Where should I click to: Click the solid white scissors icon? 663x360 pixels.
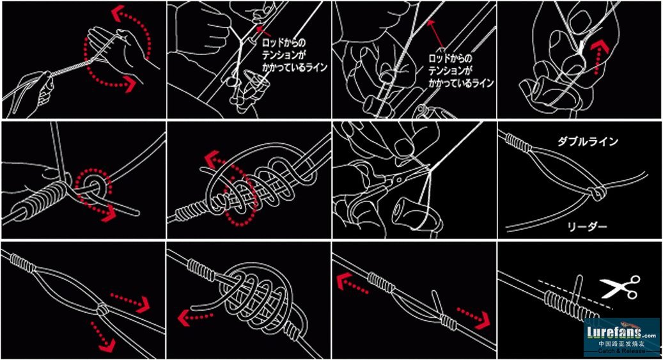620,287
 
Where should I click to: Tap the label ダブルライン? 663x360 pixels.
588,141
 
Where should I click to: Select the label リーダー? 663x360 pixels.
587,227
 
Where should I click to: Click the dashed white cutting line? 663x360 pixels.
575,294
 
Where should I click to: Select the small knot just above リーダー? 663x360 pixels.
597,193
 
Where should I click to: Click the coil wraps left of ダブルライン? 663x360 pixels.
519,143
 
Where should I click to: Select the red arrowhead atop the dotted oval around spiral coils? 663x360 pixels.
212,159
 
